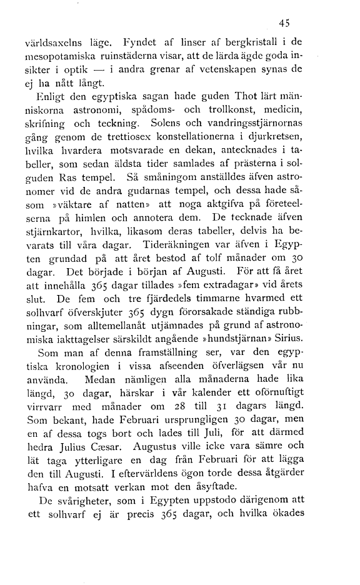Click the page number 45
click(285, 23)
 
